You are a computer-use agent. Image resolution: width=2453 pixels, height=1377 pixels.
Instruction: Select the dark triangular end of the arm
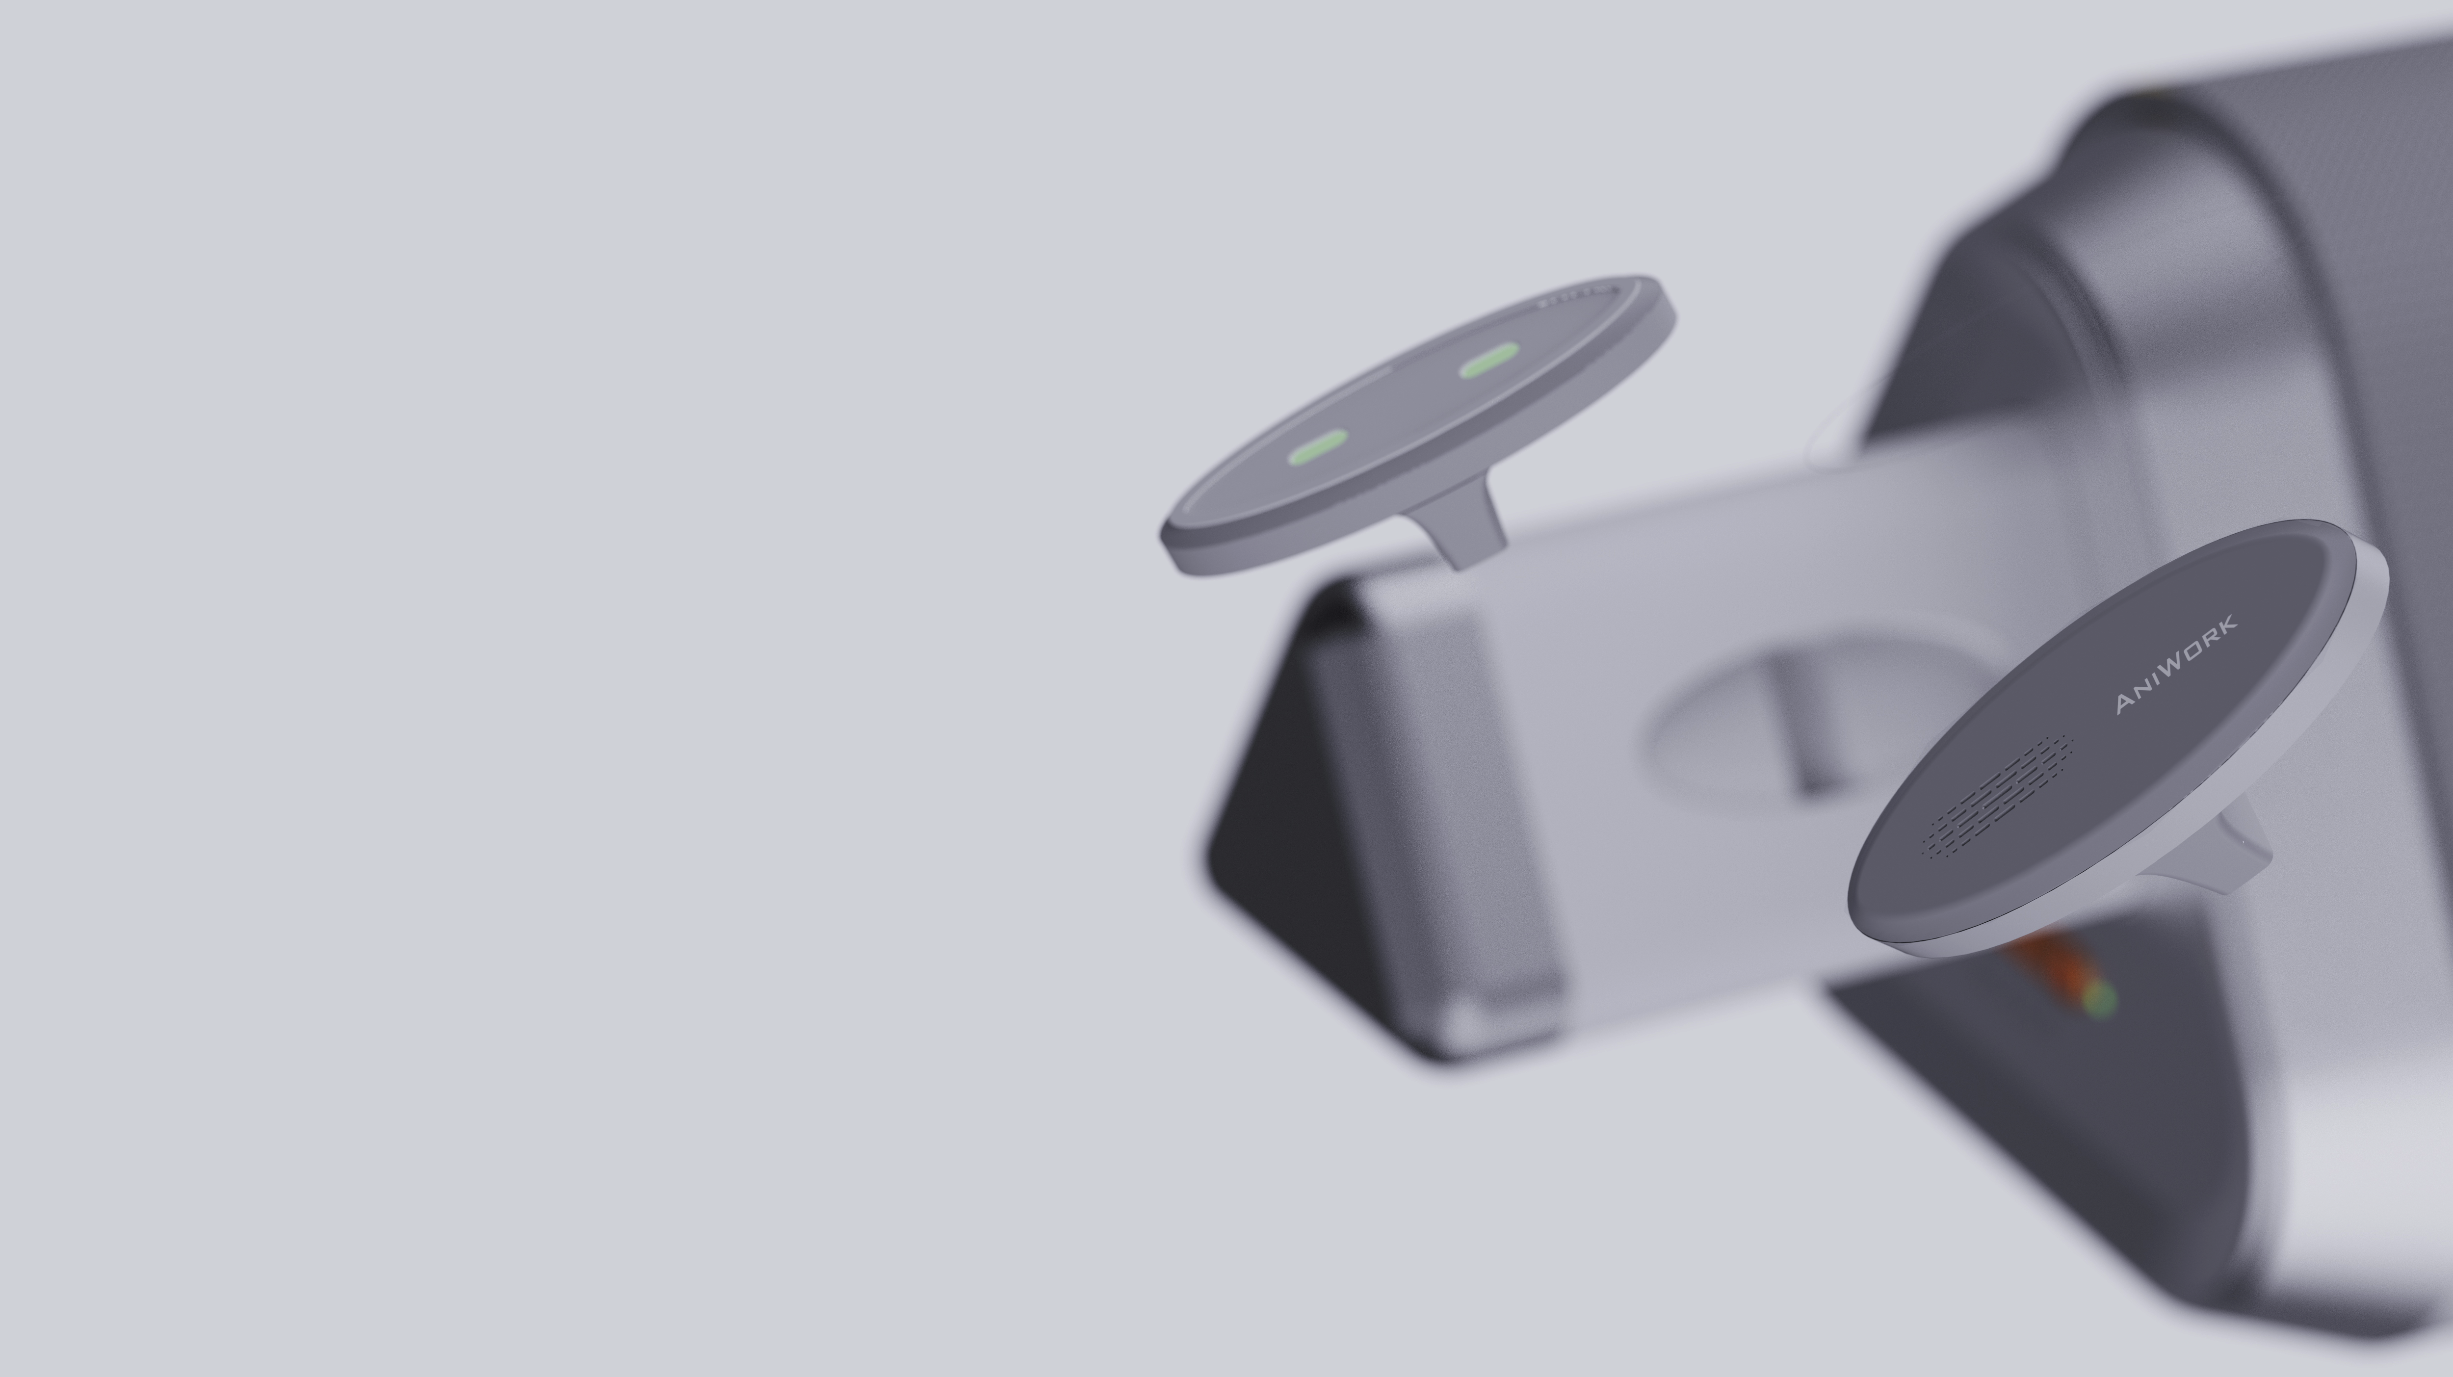click(1285, 819)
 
